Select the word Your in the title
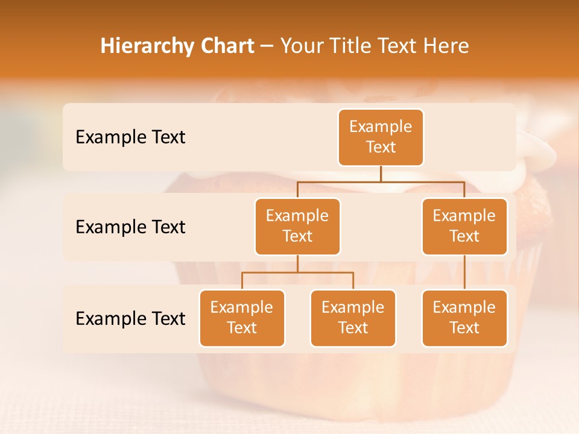pyautogui.click(x=301, y=46)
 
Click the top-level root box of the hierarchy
pyautogui.click(x=381, y=137)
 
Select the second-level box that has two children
pyautogui.click(x=297, y=226)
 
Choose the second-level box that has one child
pyautogui.click(x=464, y=226)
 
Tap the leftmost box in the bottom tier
pyautogui.click(x=242, y=318)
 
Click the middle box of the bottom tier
pyautogui.click(x=353, y=318)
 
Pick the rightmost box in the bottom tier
pyautogui.click(x=464, y=318)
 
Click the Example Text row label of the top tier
pyautogui.click(x=130, y=137)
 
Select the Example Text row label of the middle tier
pyautogui.click(x=130, y=227)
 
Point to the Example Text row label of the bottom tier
pyautogui.click(x=130, y=318)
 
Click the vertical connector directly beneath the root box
pyautogui.click(x=381, y=174)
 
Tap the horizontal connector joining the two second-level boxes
pyautogui.click(x=381, y=181)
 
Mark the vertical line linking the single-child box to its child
pyautogui.click(x=464, y=272)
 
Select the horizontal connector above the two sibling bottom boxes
pyautogui.click(x=297, y=272)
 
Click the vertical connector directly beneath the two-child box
pyautogui.click(x=297, y=263)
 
